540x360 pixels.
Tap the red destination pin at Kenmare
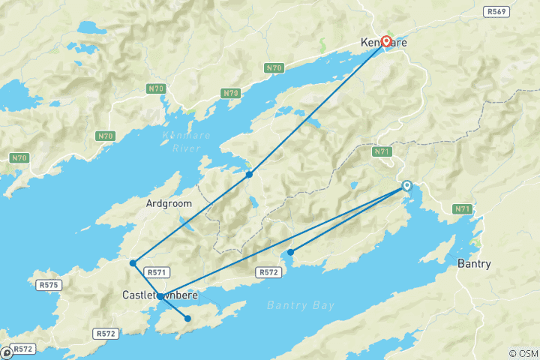pos(387,41)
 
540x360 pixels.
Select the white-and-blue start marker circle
pos(407,185)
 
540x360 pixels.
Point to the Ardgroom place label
pos(169,203)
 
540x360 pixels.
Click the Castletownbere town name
pos(160,295)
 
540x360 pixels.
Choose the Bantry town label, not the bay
pos(474,264)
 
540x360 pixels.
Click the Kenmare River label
pos(186,140)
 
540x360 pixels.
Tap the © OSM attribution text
pos(523,353)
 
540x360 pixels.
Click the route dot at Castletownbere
pos(160,297)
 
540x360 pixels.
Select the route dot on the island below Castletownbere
pos(187,319)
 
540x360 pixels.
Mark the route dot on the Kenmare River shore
pos(249,174)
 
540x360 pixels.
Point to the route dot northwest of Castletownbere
pos(133,263)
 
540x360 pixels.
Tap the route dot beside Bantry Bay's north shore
pos(290,252)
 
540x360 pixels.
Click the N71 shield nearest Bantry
pos(462,209)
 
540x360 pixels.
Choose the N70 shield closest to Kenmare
pos(274,68)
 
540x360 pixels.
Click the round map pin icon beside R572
pos(7,351)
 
